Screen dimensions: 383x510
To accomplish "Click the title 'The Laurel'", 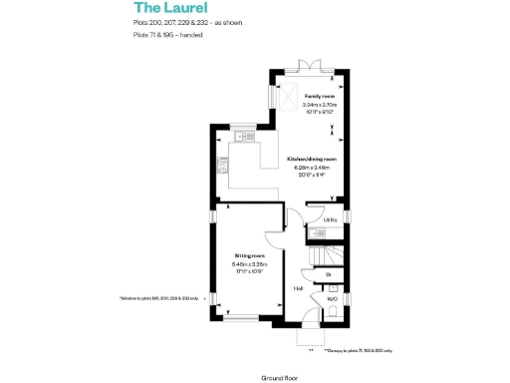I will [165, 9].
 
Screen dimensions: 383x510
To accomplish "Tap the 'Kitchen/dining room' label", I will [312, 159].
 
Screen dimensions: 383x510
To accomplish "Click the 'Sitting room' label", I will [249, 256].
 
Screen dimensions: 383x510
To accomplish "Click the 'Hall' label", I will [298, 289].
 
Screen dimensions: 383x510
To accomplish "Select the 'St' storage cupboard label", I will [328, 273].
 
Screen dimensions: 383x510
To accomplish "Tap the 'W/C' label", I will [331, 298].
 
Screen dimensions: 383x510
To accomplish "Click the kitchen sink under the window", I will [243, 137].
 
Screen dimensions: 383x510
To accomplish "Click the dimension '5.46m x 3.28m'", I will [249, 264].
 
